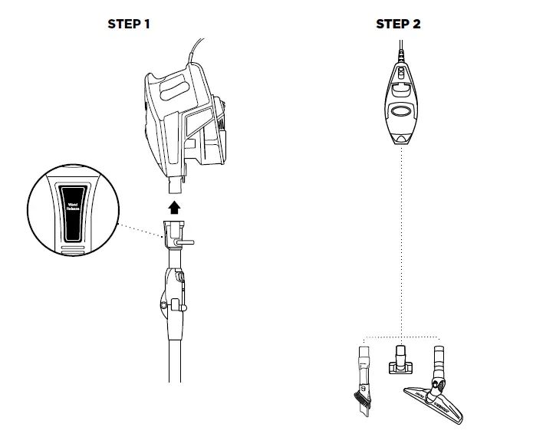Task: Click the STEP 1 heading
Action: tap(129, 25)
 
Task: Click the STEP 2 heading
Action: tap(398, 25)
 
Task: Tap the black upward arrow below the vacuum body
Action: tap(175, 206)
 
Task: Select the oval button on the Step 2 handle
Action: tap(400, 111)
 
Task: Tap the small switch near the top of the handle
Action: tap(400, 73)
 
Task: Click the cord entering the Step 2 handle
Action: tap(400, 50)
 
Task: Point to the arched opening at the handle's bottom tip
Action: tap(400, 140)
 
